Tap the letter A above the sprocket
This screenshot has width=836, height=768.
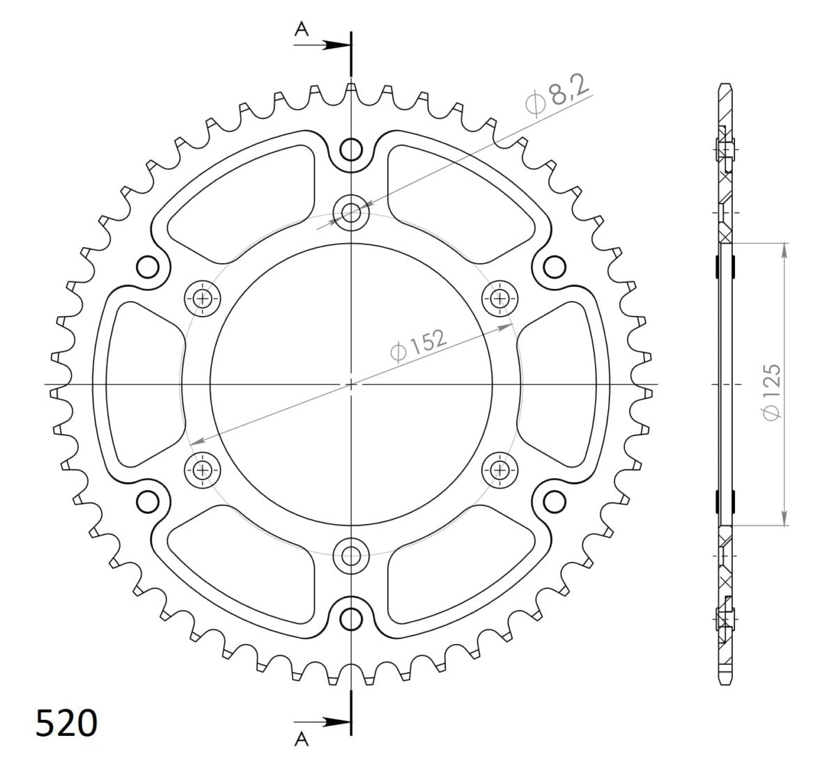point(301,28)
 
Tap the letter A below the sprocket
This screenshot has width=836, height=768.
point(301,739)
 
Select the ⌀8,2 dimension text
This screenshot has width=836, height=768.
point(558,98)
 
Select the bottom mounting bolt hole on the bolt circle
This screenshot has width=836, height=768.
point(351,555)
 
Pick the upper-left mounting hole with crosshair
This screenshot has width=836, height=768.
point(203,299)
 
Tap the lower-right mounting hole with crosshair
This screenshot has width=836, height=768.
point(500,470)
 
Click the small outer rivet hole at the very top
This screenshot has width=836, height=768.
point(352,148)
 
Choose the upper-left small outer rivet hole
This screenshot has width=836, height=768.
point(148,266)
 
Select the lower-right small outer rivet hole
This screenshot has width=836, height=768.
point(555,500)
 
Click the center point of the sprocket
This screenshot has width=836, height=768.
point(351,384)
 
